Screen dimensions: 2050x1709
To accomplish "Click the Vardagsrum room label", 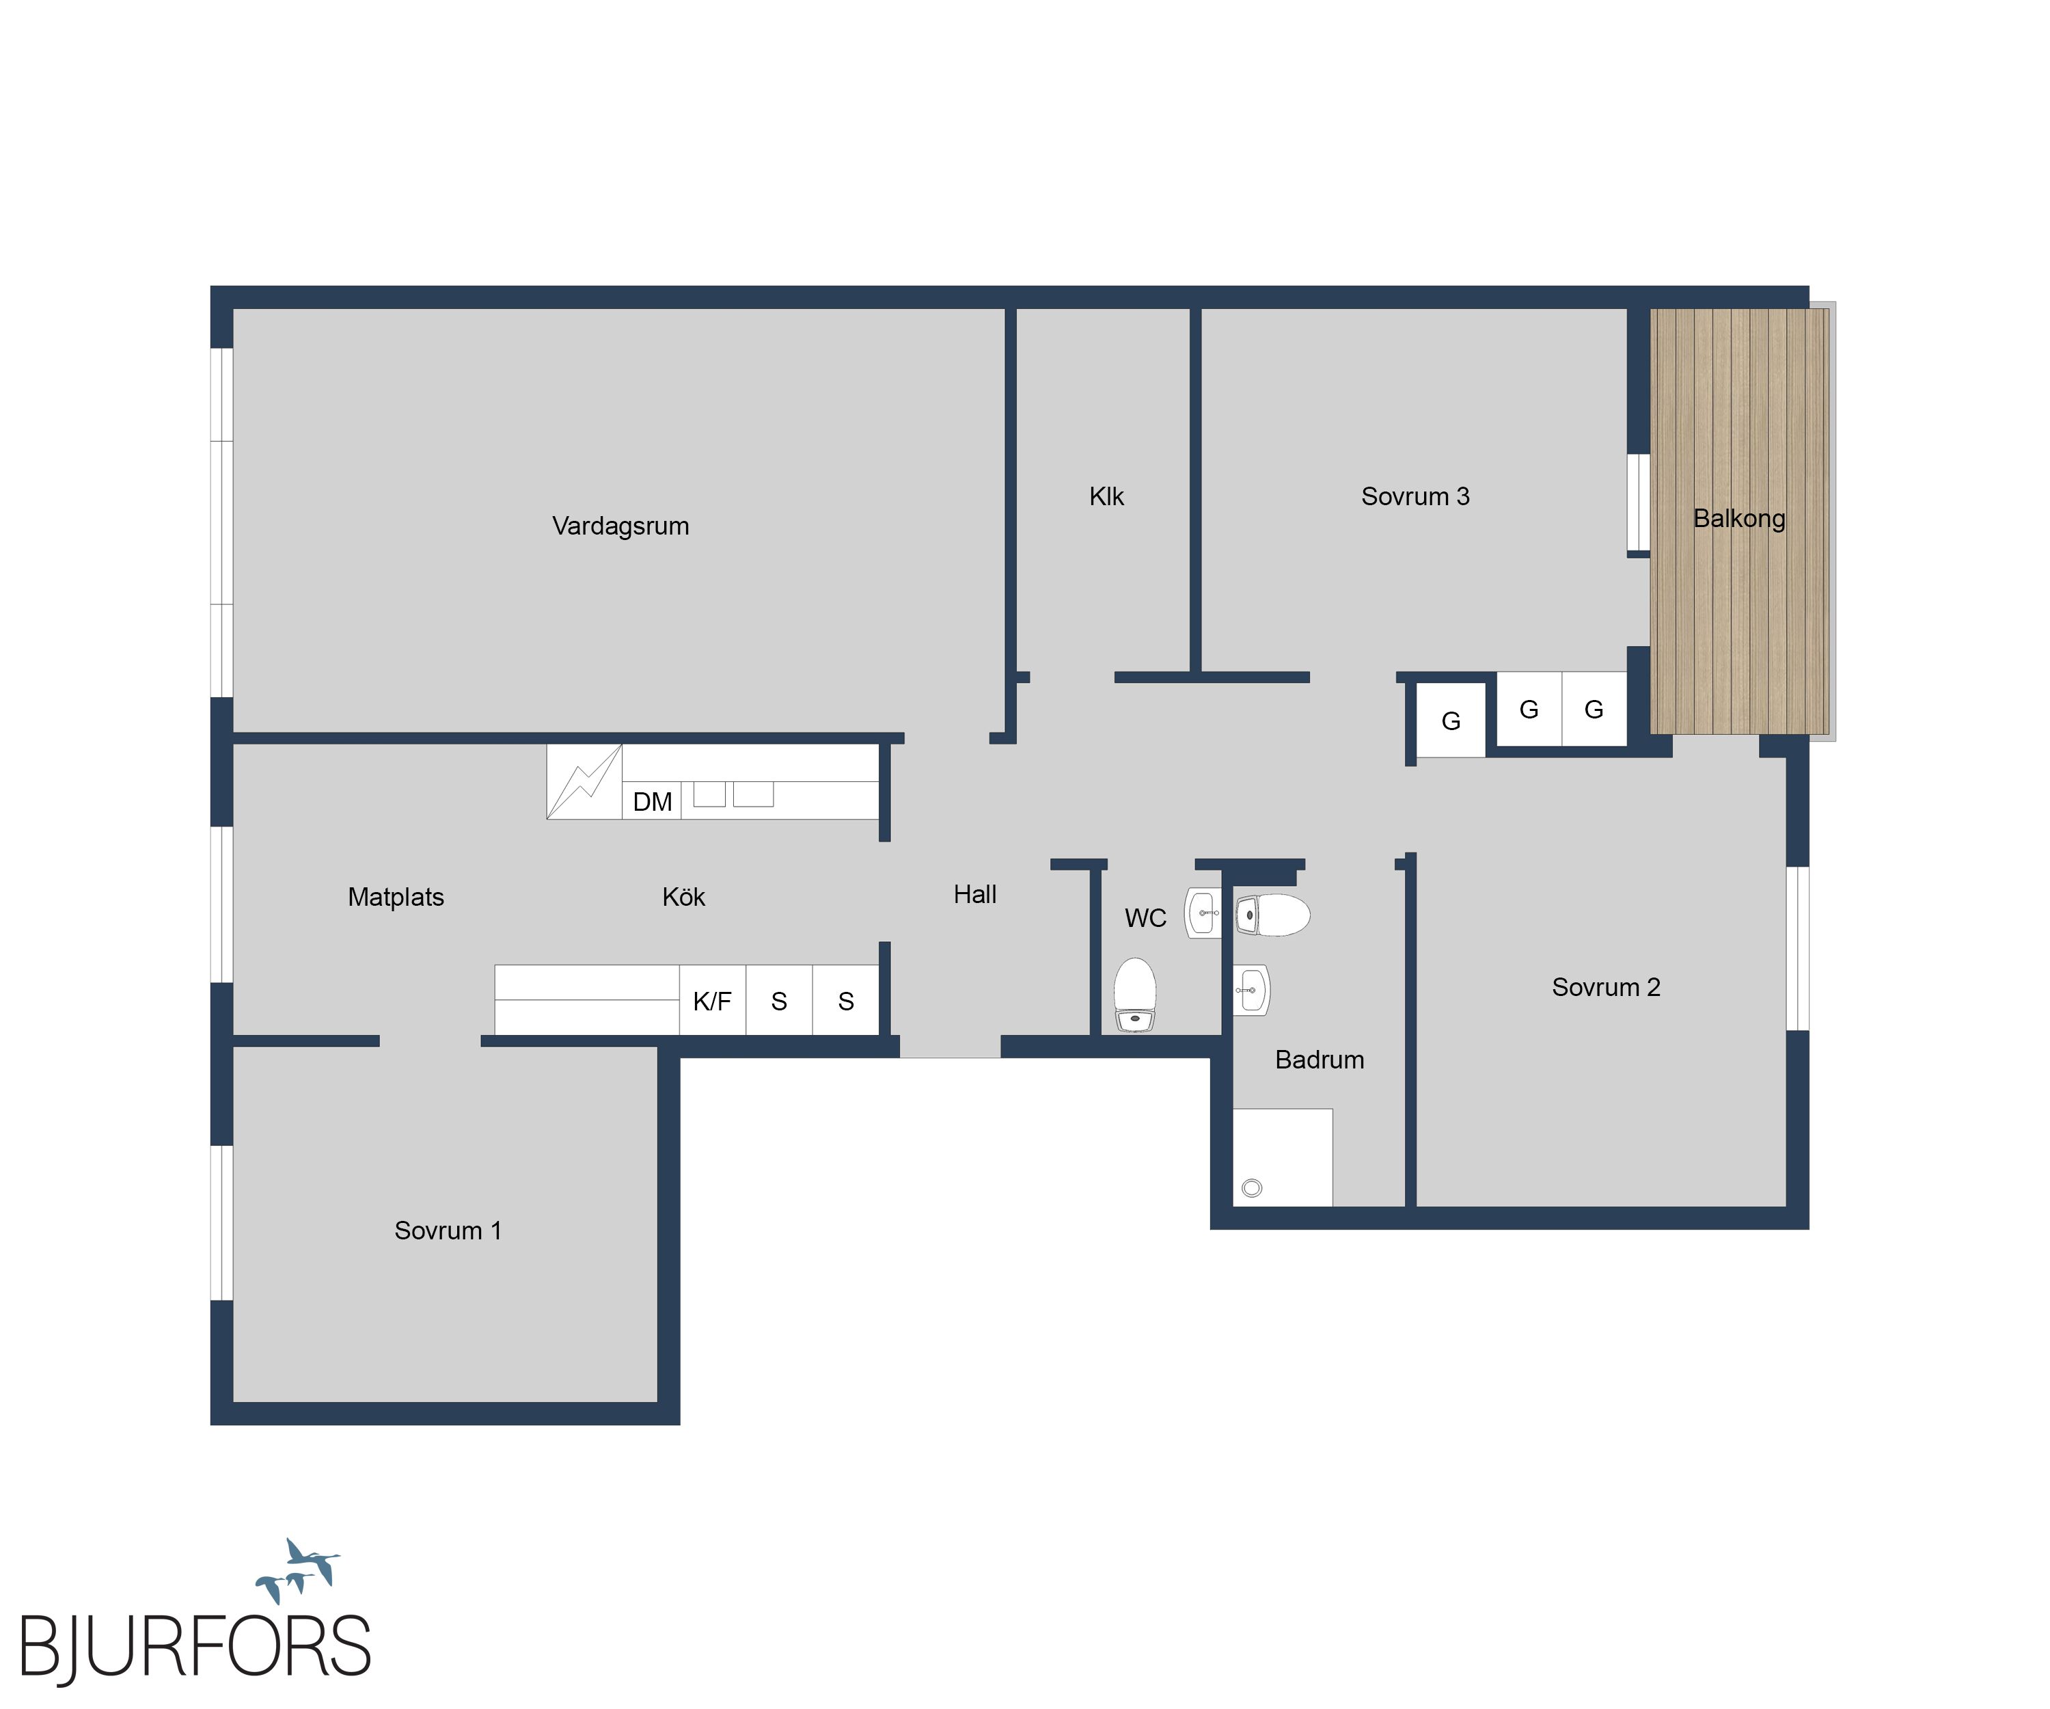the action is point(621,526).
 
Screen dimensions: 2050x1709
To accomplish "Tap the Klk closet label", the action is point(1106,497).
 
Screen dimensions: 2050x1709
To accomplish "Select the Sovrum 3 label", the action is point(1415,497).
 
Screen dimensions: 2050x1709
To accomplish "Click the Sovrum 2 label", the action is point(1606,987).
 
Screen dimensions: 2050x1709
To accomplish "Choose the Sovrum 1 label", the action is point(448,1230).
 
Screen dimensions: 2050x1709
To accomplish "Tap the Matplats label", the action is point(396,898).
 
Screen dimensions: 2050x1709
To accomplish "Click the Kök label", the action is point(683,898).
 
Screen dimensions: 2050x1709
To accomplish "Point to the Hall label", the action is point(975,895).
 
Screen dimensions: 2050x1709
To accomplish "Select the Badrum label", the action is point(1320,1060).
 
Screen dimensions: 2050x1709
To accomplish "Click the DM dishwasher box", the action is point(652,800).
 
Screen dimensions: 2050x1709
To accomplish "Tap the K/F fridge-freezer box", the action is point(713,1000).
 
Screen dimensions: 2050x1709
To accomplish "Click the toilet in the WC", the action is point(1135,994).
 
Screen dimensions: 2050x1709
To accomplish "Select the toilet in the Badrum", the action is point(1273,915).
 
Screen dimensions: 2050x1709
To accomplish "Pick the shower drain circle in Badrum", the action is point(1253,1187).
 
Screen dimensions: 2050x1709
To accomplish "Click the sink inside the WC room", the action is point(1203,913).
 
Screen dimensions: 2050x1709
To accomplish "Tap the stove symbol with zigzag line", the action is point(584,782).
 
